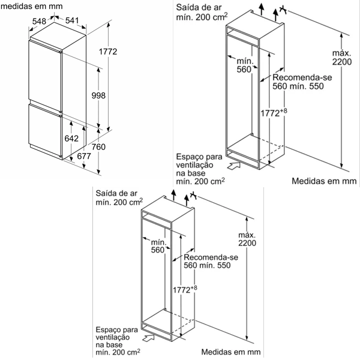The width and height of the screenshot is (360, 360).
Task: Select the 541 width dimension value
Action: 72,20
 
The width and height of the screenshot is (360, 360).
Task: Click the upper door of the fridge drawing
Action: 44,72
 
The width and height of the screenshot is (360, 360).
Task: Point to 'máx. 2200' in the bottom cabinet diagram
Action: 247,239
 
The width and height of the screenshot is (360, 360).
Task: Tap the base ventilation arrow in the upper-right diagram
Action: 235,163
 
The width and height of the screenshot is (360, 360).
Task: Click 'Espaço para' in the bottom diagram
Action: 116,330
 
